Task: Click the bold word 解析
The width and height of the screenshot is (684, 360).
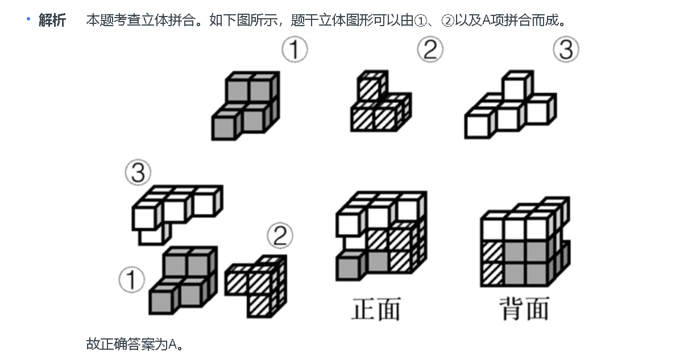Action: click(x=52, y=21)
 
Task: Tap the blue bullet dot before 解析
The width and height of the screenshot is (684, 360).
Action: click(x=27, y=19)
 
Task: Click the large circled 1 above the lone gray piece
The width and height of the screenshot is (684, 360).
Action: click(x=295, y=51)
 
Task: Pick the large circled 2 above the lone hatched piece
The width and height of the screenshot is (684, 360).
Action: click(x=430, y=51)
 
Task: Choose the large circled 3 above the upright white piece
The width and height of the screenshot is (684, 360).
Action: click(x=566, y=51)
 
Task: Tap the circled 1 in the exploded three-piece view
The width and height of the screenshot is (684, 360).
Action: click(x=132, y=280)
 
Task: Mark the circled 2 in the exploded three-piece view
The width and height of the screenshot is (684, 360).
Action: click(x=279, y=236)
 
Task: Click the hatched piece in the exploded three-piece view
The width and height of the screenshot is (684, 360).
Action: click(x=256, y=284)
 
